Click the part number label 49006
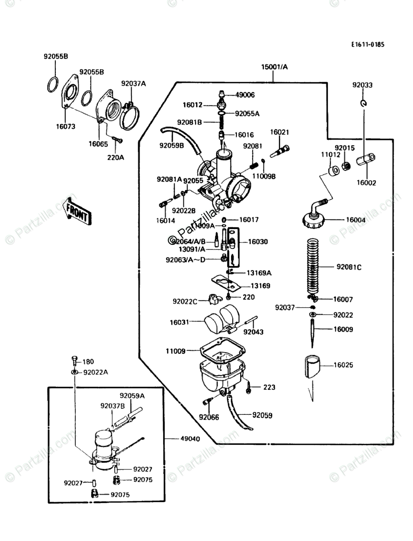(x=245, y=95)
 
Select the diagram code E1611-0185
(x=367, y=45)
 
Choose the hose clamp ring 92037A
(x=131, y=118)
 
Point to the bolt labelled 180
(x=74, y=361)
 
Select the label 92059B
(x=172, y=145)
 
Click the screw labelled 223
(x=249, y=387)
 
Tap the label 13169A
(x=259, y=273)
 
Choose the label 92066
(x=209, y=417)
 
